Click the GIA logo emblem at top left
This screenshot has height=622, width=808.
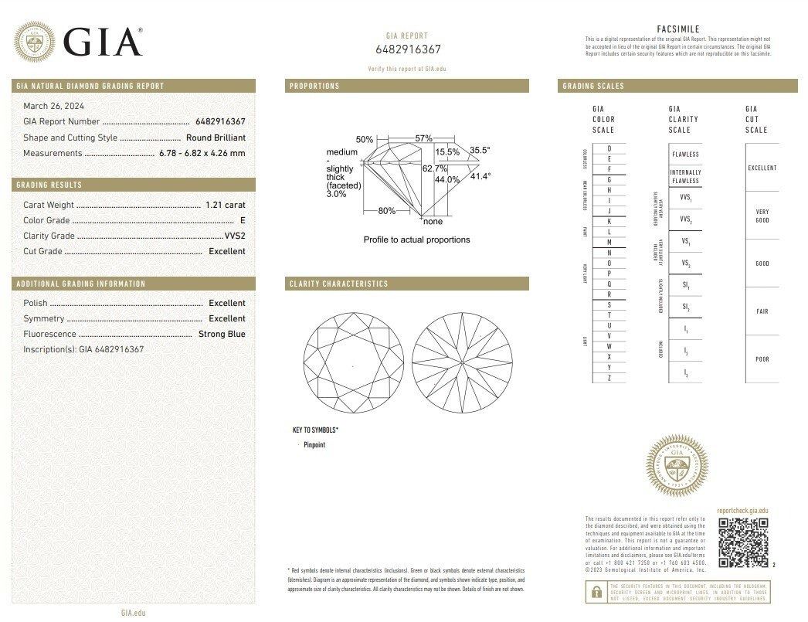coord(35,42)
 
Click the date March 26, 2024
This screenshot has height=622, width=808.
coord(54,106)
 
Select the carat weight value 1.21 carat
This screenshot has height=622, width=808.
coord(225,205)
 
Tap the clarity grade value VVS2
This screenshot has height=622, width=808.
coord(234,236)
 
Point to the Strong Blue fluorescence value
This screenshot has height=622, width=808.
coord(222,334)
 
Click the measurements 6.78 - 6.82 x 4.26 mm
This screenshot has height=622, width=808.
coord(202,153)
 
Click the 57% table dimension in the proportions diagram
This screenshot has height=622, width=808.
coord(423,138)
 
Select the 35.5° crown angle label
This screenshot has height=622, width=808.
coord(480,151)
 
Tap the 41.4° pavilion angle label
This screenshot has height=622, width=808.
coord(480,176)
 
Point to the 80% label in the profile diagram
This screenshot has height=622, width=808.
coord(386,211)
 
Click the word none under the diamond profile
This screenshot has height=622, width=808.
coord(433,222)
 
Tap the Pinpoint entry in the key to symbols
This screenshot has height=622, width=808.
coord(314,445)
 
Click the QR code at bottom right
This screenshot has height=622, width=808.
coord(742,542)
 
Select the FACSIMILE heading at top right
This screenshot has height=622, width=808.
coord(677,29)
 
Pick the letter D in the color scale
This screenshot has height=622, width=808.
coord(609,148)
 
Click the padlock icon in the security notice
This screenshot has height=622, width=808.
coord(596,592)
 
